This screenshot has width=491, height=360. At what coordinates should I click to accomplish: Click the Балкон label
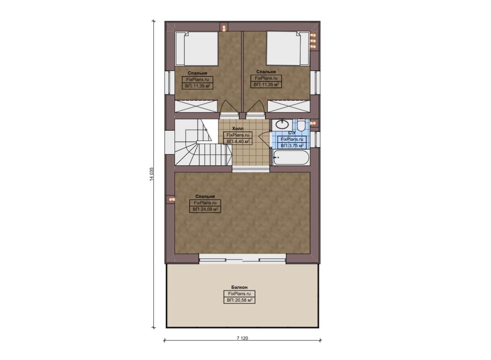pyautogui.click(x=239, y=287)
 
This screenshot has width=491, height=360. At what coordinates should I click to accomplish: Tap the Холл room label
pyautogui.click(x=237, y=128)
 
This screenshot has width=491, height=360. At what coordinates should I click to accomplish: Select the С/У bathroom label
pyautogui.click(x=292, y=133)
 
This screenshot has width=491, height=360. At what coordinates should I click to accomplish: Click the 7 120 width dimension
pyautogui.click(x=242, y=338)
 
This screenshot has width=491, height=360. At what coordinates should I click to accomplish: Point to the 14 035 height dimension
pyautogui.click(x=152, y=174)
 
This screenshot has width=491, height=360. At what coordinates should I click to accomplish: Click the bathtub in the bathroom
pyautogui.click(x=291, y=157)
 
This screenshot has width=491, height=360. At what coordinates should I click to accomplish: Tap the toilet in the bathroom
pyautogui.click(x=302, y=125)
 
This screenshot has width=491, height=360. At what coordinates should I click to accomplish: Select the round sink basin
pyautogui.click(x=282, y=125)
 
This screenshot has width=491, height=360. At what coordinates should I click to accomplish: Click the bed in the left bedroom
pyautogui.click(x=197, y=49)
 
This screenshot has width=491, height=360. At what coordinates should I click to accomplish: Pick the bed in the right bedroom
pyautogui.click(x=288, y=48)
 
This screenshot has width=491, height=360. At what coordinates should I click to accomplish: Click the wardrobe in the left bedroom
pyautogui.click(x=196, y=106)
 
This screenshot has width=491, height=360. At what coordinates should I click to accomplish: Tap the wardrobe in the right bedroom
pyautogui.click(x=289, y=106)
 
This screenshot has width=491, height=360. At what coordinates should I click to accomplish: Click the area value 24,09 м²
pyautogui.click(x=205, y=209)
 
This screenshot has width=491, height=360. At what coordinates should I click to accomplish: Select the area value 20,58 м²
pyautogui.click(x=239, y=300)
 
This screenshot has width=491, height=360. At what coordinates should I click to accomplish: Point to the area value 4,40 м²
pyautogui.click(x=237, y=141)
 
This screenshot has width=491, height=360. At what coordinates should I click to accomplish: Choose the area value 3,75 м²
pyautogui.click(x=292, y=145)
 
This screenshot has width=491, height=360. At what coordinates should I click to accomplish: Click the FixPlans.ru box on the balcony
pyautogui.click(x=239, y=294)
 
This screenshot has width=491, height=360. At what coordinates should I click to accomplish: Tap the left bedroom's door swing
pyautogui.click(x=229, y=107)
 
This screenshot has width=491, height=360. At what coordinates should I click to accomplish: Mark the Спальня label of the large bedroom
pyautogui.click(x=205, y=196)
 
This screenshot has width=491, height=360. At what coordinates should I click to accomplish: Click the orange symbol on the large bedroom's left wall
pyautogui.click(x=171, y=199)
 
